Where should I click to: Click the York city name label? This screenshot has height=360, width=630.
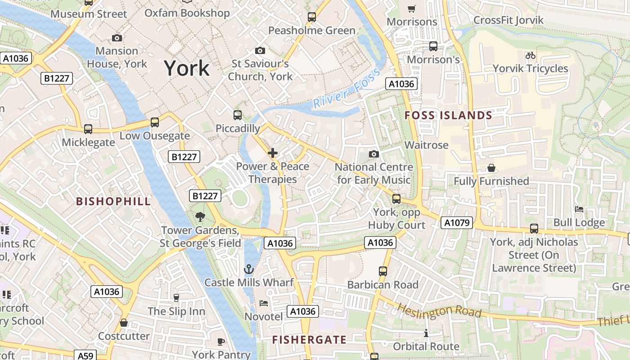[187, 68]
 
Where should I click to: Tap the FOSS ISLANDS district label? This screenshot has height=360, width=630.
[448, 116]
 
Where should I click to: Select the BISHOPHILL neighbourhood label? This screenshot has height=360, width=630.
[113, 201]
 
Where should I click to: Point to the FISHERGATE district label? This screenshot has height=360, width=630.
[309, 340]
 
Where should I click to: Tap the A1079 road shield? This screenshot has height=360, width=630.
[456, 222]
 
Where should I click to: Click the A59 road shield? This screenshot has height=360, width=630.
[85, 355]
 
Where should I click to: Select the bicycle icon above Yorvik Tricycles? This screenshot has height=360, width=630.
[531, 55]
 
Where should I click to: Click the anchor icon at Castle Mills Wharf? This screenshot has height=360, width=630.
[248, 269]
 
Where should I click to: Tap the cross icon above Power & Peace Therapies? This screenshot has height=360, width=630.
[272, 153]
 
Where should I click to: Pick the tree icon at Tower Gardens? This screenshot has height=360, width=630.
[200, 217]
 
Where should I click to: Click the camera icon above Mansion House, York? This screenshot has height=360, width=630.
[117, 38]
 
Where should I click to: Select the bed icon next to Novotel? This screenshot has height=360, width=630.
[264, 303]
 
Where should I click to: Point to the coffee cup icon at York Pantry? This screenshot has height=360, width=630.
[221, 342]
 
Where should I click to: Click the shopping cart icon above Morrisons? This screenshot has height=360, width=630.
[411, 9]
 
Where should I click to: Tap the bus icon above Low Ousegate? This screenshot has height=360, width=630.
[154, 122]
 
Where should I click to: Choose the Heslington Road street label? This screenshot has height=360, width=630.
[440, 310]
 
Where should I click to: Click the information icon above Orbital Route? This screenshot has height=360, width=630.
[426, 333]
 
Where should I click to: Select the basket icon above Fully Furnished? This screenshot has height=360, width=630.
[491, 168]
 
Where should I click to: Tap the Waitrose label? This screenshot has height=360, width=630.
[426, 145]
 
